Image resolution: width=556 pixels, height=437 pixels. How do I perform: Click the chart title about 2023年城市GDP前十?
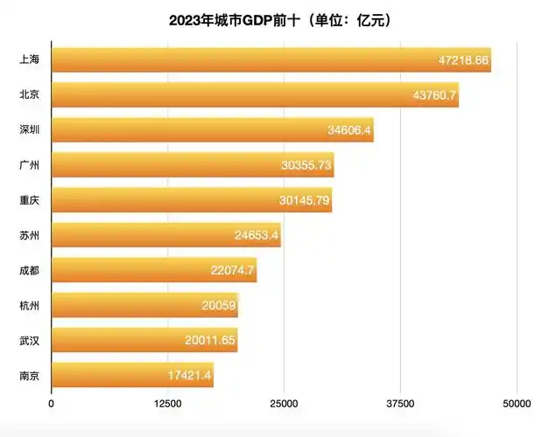[278, 18]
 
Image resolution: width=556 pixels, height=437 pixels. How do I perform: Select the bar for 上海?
[271, 60]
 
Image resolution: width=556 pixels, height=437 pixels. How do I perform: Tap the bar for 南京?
[132, 375]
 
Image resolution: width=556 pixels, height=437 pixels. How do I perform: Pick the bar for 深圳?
[212, 130]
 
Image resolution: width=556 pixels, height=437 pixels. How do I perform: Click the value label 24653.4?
[257, 235]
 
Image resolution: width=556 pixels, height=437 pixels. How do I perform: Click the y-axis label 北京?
[29, 95]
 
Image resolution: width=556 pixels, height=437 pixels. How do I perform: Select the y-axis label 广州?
[29, 165]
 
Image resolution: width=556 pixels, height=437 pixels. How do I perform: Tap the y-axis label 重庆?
[29, 200]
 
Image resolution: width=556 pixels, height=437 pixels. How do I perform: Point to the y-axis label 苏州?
[29, 235]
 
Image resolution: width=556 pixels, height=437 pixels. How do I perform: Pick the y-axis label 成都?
[29, 270]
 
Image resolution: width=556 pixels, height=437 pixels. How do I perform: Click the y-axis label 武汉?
[29, 340]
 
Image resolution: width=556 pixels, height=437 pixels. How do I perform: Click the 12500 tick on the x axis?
[167, 404]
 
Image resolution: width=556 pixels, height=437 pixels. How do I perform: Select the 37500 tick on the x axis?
[400, 404]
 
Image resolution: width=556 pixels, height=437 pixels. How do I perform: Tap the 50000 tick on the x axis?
[516, 404]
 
